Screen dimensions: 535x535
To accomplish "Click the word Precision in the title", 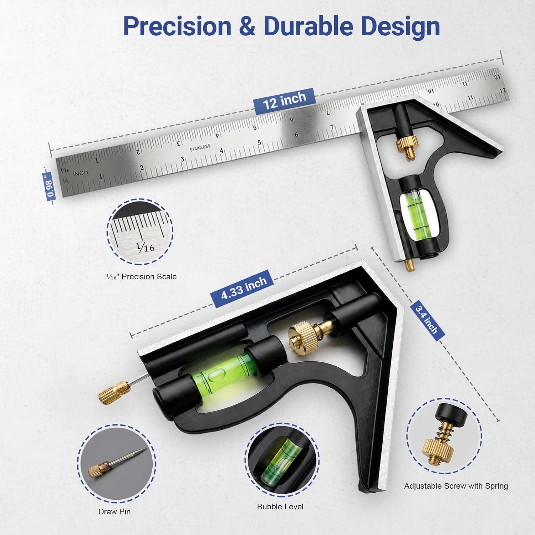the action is click(x=177, y=26).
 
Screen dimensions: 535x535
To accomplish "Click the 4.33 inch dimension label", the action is click(x=244, y=288).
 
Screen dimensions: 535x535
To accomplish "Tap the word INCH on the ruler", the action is click(x=81, y=173).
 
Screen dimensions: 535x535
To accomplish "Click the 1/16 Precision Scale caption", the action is click(x=142, y=277).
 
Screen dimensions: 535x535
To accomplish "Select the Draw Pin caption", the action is click(x=114, y=511).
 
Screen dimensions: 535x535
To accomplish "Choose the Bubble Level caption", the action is click(x=280, y=506).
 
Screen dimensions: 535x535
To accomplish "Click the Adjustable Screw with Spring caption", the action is click(x=456, y=486).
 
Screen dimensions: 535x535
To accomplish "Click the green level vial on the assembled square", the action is click(x=417, y=214).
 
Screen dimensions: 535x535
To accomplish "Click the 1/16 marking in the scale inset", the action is click(x=145, y=247).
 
